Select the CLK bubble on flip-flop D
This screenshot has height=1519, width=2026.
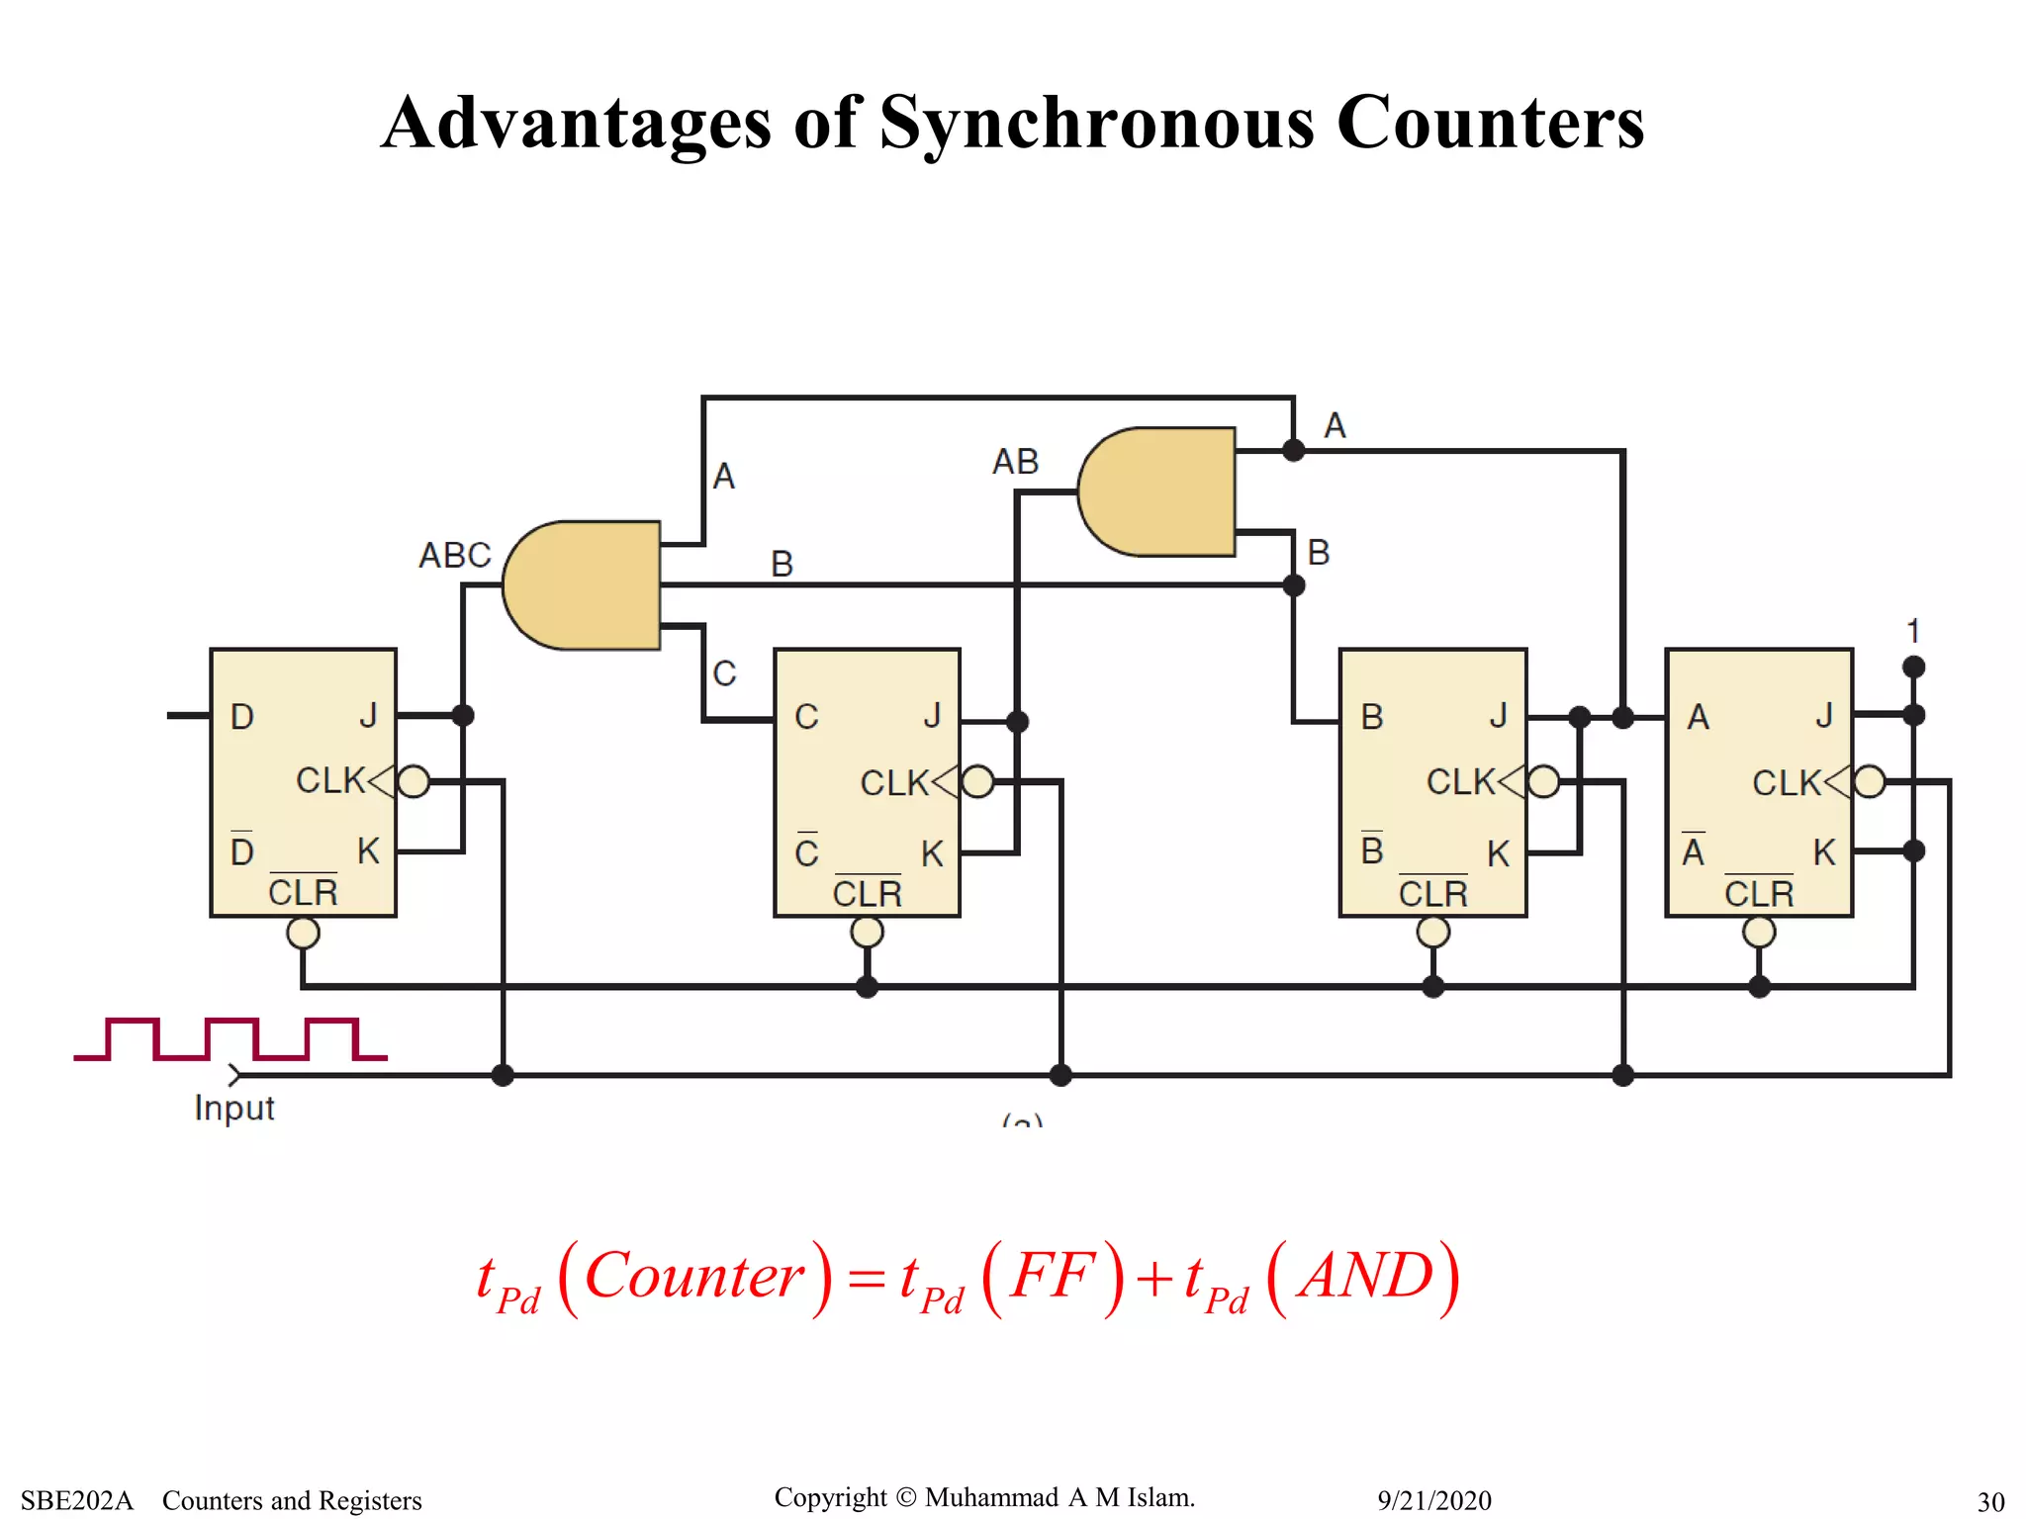coord(414,781)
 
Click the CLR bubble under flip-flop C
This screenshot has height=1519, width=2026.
coord(867,932)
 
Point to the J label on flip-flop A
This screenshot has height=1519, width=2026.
coord(1823,715)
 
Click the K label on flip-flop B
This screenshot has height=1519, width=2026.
coord(1498,853)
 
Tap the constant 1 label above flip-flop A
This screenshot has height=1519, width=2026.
coord(1913,631)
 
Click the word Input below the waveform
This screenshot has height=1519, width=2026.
coord(234,1108)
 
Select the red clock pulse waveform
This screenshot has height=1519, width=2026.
coord(230,1038)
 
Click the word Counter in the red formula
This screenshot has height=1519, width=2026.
coord(694,1276)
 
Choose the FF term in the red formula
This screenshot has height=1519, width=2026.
coord(1053,1276)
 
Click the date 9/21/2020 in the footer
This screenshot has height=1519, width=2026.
coord(1433,1500)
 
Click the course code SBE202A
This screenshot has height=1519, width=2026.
coord(77,1500)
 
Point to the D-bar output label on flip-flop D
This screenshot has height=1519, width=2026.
coord(242,850)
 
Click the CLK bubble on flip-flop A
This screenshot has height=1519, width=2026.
coord(1869,781)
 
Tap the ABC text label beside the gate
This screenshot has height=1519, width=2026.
coord(455,555)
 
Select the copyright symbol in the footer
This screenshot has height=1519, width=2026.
coord(906,1497)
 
